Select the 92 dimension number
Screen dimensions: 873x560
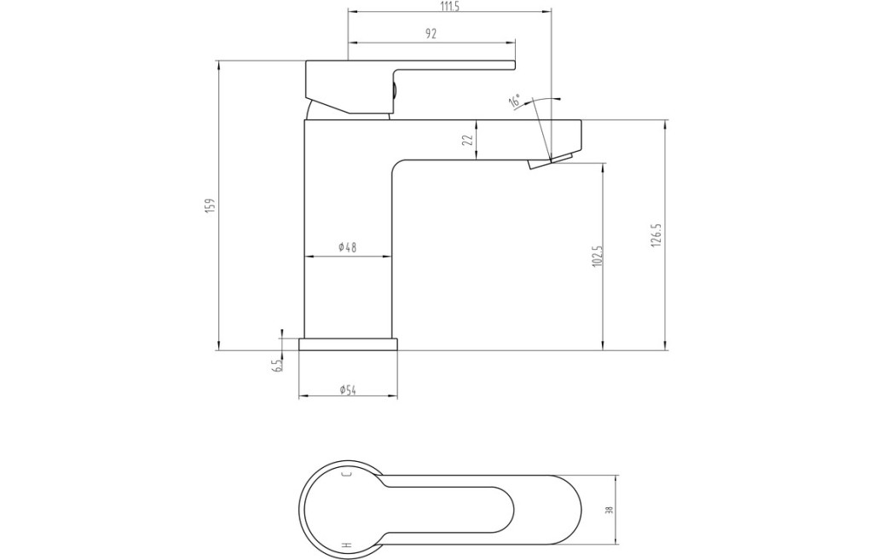(x=431, y=34)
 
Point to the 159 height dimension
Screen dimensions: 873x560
(x=210, y=205)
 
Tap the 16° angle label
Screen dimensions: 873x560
(x=515, y=102)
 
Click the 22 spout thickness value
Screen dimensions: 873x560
(x=468, y=139)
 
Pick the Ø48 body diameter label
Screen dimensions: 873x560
(x=348, y=248)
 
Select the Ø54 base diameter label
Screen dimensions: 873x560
(x=348, y=390)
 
